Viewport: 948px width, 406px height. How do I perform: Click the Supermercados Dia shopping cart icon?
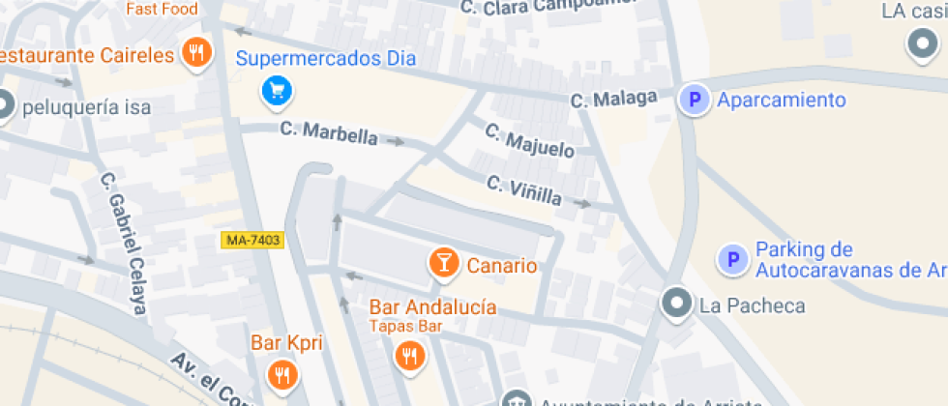[278, 92]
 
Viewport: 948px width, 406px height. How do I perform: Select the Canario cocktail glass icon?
[443, 263]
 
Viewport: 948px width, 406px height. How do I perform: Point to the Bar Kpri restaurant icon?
[281, 374]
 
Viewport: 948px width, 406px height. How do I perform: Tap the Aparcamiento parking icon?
[693, 100]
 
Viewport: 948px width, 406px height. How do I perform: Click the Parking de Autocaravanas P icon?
[732, 259]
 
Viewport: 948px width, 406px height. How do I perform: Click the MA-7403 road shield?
[252, 240]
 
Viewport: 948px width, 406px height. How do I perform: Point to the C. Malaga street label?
[613, 99]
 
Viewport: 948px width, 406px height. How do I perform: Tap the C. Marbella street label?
[329, 132]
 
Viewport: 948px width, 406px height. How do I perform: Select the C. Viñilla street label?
[524, 189]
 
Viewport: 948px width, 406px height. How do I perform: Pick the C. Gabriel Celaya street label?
[125, 243]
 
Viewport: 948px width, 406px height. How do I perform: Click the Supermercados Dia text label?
[325, 58]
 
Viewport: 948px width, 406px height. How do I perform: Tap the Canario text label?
[501, 265]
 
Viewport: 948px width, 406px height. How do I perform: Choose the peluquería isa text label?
[87, 107]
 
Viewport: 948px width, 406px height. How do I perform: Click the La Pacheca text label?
[752, 306]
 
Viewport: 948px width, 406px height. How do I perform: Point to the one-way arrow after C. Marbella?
[394, 142]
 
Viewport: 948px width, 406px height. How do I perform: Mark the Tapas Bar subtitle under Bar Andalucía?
[405, 326]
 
